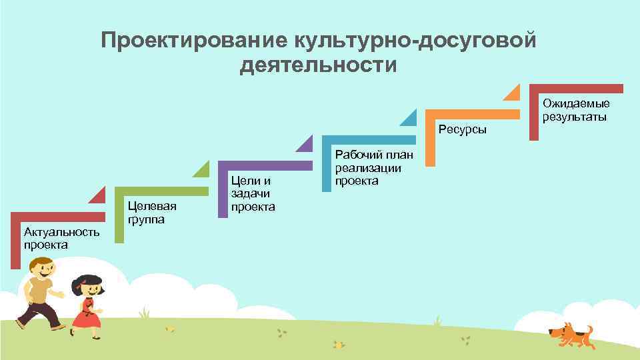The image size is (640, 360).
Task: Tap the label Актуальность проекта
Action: (61, 238)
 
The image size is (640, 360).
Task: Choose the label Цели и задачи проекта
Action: (253, 193)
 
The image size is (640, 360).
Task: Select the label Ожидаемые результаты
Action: (575, 110)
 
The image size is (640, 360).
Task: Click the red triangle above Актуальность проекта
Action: (99, 196)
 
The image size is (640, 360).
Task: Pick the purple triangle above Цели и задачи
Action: (306, 143)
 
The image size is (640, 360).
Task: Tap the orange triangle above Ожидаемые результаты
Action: (513, 93)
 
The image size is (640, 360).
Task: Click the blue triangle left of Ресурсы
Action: (409, 118)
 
